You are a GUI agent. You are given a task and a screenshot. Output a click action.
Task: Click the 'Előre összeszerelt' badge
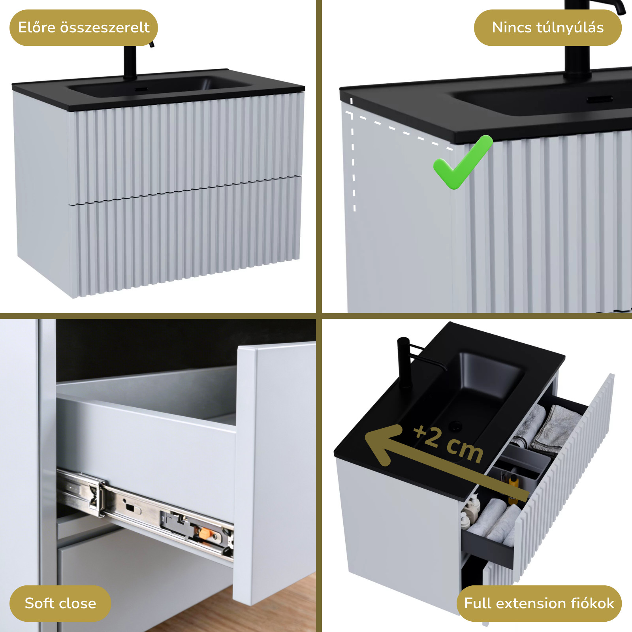tap(83, 28)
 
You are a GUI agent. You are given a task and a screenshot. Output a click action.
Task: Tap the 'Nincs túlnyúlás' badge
tap(547, 28)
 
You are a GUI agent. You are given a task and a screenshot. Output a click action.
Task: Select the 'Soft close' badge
tap(60, 603)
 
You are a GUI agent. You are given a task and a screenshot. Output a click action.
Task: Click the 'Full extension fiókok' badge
tap(539, 603)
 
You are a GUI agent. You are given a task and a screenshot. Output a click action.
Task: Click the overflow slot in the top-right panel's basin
tap(599, 100)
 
